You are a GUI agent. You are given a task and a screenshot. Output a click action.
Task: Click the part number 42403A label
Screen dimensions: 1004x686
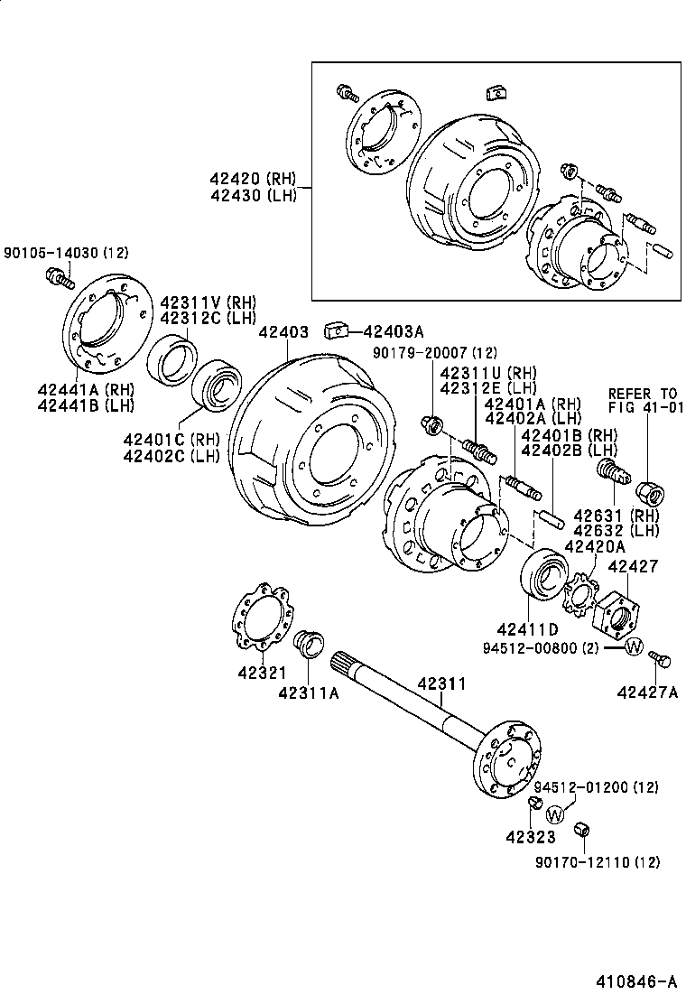coord(393,331)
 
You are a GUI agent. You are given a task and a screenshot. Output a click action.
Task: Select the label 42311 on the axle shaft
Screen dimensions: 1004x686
coord(441,683)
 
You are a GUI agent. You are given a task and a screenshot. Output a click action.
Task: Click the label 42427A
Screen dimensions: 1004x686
coord(647,692)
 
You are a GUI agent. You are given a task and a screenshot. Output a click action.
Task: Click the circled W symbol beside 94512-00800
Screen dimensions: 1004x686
coord(634,646)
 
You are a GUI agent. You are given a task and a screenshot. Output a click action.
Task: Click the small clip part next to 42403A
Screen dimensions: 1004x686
coord(336,330)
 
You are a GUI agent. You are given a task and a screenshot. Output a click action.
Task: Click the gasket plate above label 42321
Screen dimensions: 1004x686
coord(258,618)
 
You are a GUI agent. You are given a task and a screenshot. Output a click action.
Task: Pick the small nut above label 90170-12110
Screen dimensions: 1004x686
coord(582,829)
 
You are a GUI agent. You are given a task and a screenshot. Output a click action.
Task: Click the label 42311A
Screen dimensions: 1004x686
coord(309,693)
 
